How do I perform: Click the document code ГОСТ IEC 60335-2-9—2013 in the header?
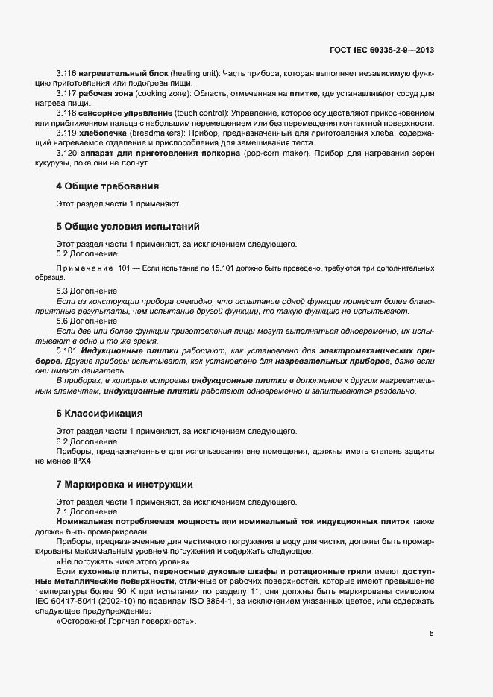(x=382, y=51)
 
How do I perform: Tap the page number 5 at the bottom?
(x=431, y=634)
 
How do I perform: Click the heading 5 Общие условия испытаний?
(x=127, y=226)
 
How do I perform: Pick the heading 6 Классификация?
(x=99, y=413)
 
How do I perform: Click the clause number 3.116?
(x=67, y=75)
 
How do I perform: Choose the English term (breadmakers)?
(x=157, y=133)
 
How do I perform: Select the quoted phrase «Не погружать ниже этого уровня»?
(x=119, y=561)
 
